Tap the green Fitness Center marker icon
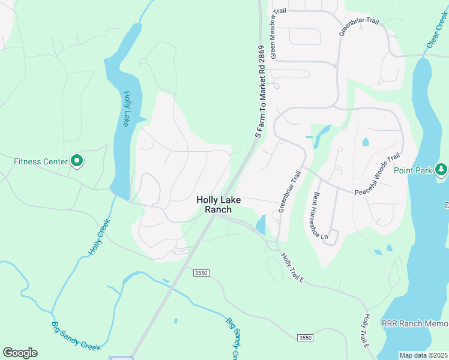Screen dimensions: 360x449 coord(77,161)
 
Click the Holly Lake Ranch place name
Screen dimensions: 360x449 coord(218,205)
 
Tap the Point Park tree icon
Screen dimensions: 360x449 coord(441,170)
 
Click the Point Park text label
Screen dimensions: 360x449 coord(413,170)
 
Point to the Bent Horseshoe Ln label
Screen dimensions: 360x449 coord(319,217)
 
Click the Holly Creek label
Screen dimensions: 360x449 coord(100,238)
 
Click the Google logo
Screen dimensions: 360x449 coord(20,353)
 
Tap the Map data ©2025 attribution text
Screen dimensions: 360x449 coord(423,355)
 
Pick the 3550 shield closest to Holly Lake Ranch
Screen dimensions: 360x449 coord(201,273)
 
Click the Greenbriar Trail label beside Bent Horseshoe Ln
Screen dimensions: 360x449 coord(289,191)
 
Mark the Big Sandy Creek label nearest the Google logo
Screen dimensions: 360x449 coord(76,337)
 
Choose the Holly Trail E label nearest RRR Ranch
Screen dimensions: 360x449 coord(367,331)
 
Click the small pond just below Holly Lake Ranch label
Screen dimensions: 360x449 coord(261,225)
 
